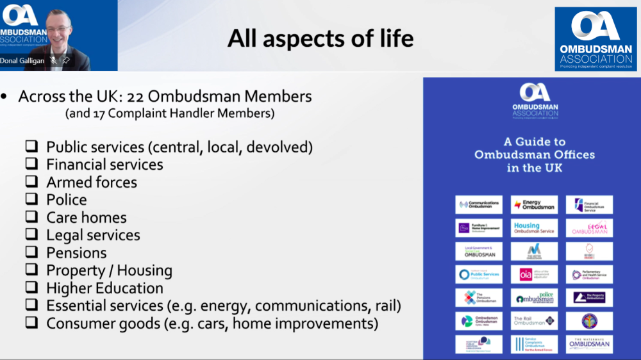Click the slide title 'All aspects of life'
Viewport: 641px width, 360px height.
click(x=320, y=38)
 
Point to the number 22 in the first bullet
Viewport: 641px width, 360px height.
click(x=137, y=97)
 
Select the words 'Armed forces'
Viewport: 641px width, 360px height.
click(x=92, y=182)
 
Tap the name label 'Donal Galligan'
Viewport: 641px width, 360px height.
click(x=23, y=60)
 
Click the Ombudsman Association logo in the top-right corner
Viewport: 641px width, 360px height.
click(x=595, y=38)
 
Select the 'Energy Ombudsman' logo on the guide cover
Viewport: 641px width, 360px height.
click(x=534, y=205)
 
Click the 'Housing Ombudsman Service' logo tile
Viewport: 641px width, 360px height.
click(x=534, y=228)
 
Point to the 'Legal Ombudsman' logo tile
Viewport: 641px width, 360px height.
click(x=589, y=228)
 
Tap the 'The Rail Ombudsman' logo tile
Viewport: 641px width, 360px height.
click(x=534, y=320)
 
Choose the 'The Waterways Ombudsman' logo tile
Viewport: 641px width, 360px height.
click(x=589, y=344)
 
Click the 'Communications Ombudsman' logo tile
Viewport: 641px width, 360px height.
click(x=479, y=205)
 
